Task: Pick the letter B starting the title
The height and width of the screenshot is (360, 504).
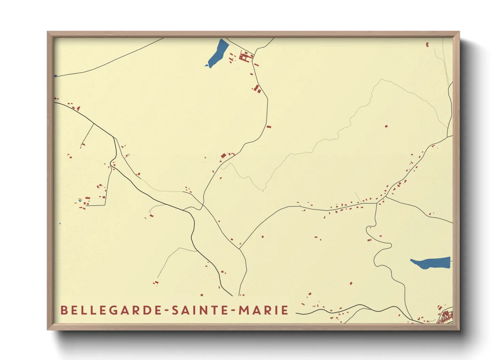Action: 64,310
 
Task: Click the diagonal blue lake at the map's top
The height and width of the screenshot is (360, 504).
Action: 217,53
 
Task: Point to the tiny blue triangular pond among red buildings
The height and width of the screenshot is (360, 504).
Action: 80,201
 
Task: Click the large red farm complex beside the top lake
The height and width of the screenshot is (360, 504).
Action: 245,56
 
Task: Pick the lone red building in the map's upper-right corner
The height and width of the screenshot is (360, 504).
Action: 427,44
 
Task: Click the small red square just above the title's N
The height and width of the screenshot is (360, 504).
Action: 202,295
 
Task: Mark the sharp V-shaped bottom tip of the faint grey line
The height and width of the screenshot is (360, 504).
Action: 263,191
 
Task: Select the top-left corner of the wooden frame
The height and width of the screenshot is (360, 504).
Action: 48,32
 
